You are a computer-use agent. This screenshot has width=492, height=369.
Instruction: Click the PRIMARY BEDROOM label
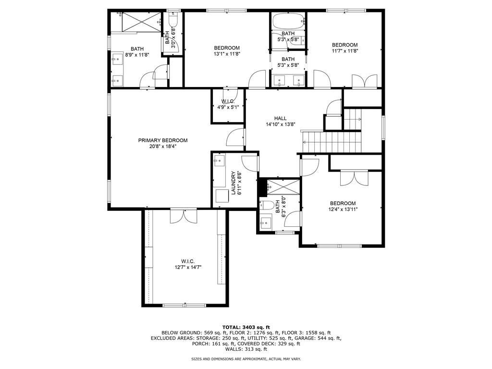click(163, 140)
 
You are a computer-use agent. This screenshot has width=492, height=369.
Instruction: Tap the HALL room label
click(280, 118)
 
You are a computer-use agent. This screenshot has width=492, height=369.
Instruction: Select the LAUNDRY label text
click(233, 183)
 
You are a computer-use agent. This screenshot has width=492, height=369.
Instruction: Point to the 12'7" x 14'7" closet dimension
click(187, 267)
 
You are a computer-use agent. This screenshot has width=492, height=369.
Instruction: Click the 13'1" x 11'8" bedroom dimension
click(227, 54)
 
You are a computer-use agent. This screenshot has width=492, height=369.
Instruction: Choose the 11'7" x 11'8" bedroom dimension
click(344, 50)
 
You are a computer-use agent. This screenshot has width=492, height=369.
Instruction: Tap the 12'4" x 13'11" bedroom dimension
click(343, 209)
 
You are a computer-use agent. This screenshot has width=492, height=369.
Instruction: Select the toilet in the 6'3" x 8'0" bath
click(268, 205)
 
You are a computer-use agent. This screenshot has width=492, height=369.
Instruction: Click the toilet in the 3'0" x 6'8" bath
click(173, 21)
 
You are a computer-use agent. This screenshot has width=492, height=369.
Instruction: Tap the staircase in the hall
click(332, 142)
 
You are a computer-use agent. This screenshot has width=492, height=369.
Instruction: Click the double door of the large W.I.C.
click(183, 216)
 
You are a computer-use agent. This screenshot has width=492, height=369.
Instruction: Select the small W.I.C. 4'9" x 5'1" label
click(228, 104)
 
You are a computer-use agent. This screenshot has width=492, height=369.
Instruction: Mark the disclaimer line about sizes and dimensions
click(246, 359)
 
